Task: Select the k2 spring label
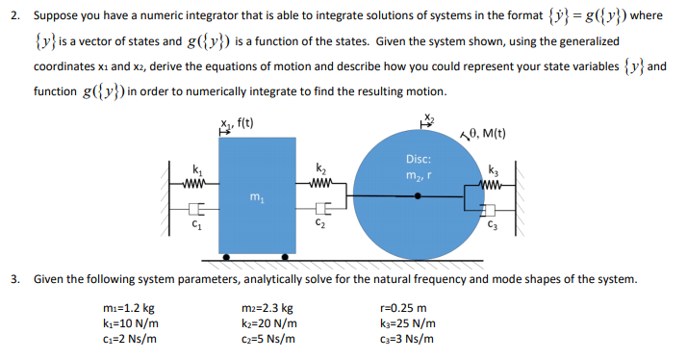319,167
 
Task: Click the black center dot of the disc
418,195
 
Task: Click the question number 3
15,279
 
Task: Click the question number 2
15,16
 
